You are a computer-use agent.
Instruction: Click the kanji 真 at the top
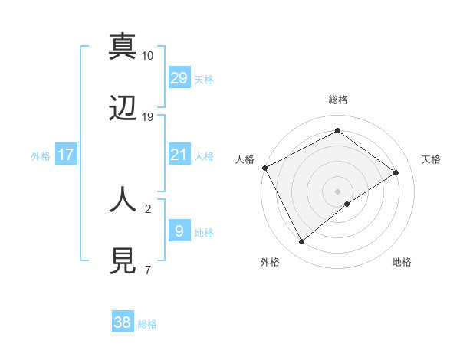pos(123,46)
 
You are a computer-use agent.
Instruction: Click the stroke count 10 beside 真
pos(148,56)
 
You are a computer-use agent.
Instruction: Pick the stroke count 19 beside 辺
pos(148,117)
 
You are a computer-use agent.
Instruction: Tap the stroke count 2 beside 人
pos(148,208)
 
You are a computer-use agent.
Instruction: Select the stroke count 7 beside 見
pos(148,270)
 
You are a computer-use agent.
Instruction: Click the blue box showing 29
pos(179,77)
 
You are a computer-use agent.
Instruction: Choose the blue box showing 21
pos(179,155)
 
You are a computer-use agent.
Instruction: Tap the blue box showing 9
pos(179,231)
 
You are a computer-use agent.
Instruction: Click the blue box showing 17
pos(66,155)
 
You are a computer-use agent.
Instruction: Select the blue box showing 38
pos(123,322)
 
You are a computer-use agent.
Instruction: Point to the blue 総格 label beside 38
pos(147,324)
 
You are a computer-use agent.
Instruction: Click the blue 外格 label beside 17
pos(41,156)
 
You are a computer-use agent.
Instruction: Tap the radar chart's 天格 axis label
pos(431,159)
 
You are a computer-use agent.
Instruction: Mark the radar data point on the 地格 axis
pos(347,204)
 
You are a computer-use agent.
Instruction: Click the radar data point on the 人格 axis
pos(264,168)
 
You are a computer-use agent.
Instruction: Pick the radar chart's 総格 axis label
pos(338,100)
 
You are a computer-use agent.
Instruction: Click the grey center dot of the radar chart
pos(338,191)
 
